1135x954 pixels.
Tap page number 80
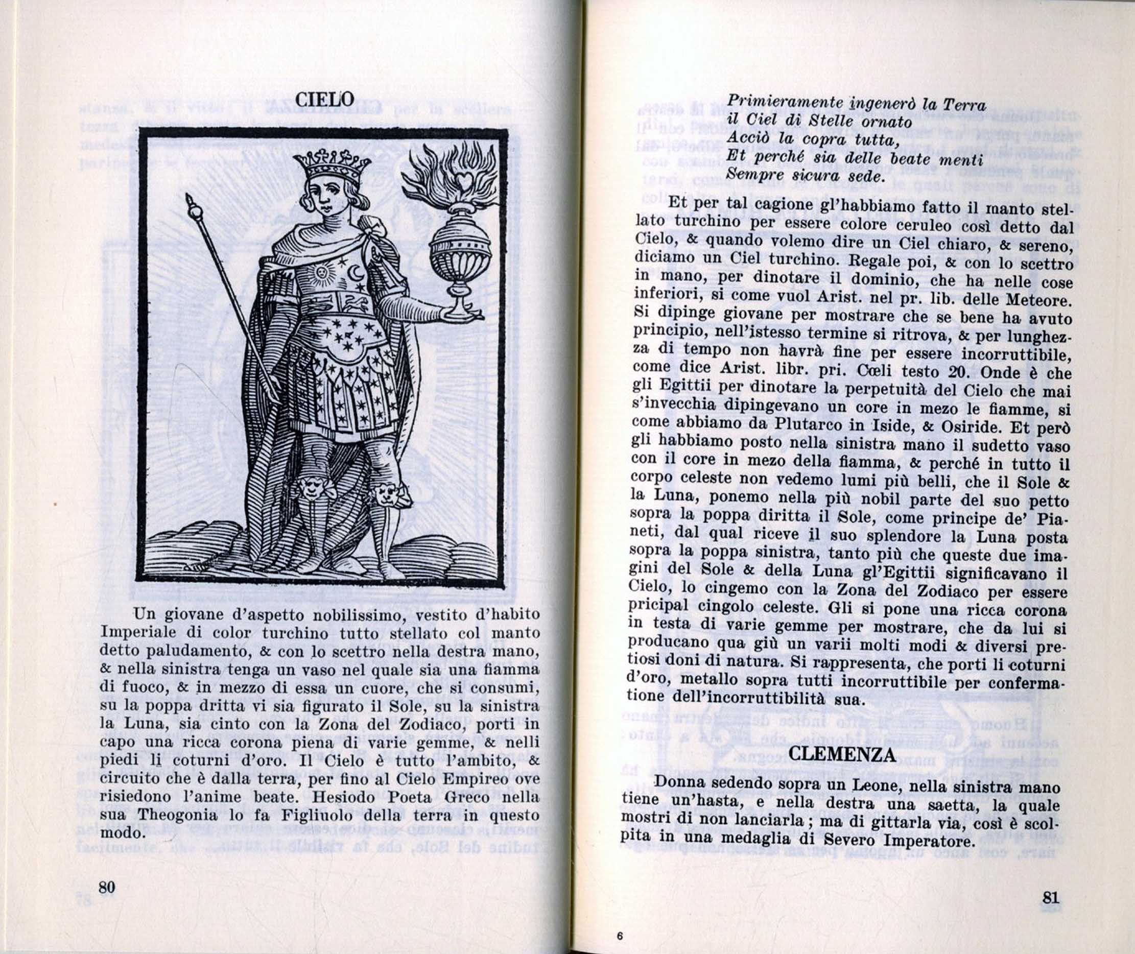[x=107, y=888]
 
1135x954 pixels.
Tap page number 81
[x=1050, y=898]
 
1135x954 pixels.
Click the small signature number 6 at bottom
[x=620, y=936]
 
